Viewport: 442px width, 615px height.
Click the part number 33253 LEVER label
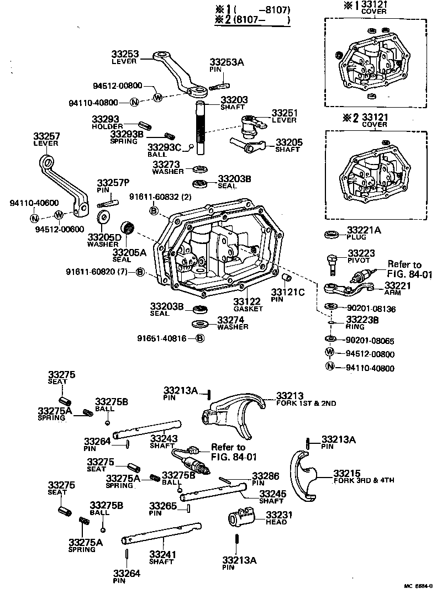pos(126,57)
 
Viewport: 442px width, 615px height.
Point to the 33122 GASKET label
pos(248,304)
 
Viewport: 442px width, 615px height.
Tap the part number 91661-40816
pos(164,338)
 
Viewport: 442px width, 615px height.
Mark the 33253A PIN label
pos(226,66)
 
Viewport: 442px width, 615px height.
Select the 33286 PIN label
pos(265,478)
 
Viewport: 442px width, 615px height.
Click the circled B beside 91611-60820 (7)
pos(141,272)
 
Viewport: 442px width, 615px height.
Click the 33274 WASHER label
pos(232,322)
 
